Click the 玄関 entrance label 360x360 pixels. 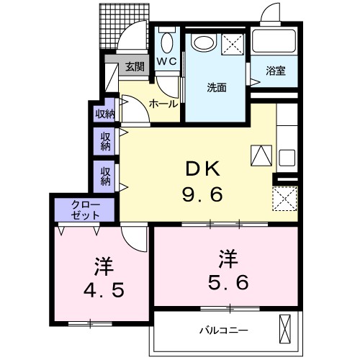tap(134, 67)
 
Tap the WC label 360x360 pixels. tap(167, 62)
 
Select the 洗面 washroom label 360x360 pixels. tap(217, 88)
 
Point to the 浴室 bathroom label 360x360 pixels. tap(276, 71)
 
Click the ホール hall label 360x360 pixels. tap(163, 104)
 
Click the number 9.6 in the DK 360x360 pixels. tap(202, 194)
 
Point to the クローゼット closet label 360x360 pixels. tap(86, 210)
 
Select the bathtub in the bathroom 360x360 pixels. tap(274, 44)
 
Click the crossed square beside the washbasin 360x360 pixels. tap(233, 43)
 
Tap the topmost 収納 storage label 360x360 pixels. tap(105, 113)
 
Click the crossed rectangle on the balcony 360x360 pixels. tap(286, 330)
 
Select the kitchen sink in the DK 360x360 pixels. tap(287, 158)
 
